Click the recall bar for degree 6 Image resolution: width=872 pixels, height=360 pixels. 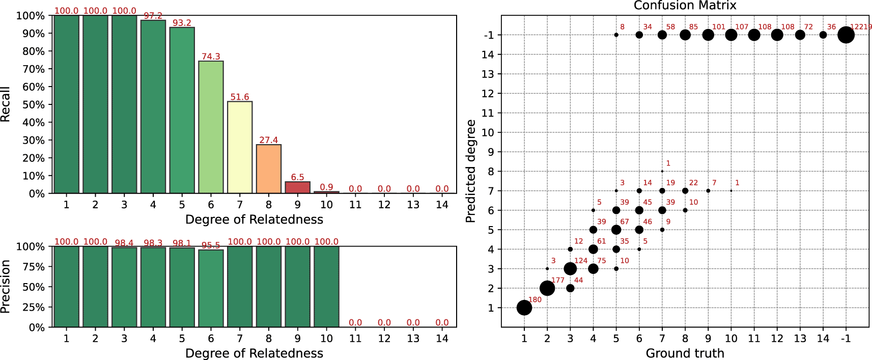click(211, 127)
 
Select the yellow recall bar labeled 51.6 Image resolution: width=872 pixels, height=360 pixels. click(240, 148)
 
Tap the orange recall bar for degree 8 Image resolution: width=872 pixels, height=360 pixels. click(269, 169)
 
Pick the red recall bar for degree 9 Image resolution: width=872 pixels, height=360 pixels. click(297, 187)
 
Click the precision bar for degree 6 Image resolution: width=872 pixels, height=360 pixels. click(211, 288)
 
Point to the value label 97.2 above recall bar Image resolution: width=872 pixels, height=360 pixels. click(153, 16)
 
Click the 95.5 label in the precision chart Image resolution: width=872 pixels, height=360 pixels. click(211, 245)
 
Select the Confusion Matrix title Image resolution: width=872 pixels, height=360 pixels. click(685, 6)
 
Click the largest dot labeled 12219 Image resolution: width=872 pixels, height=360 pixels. click(846, 35)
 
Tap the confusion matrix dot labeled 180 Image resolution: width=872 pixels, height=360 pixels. click(524, 308)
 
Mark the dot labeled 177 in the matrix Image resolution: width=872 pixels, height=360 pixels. click(547, 288)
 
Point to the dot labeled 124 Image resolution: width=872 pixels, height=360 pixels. click(570, 269)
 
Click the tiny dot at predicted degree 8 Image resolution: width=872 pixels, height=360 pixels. click(662, 172)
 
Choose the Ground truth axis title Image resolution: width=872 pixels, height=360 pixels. click(685, 353)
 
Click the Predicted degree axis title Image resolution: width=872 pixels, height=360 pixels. click(471, 171)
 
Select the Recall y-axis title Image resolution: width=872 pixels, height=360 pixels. click(6, 104)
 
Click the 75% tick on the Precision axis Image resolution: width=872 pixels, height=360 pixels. click(35, 267)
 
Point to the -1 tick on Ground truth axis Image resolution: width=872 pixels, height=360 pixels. click(846, 339)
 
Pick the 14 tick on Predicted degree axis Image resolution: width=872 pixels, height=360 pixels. click(488, 54)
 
